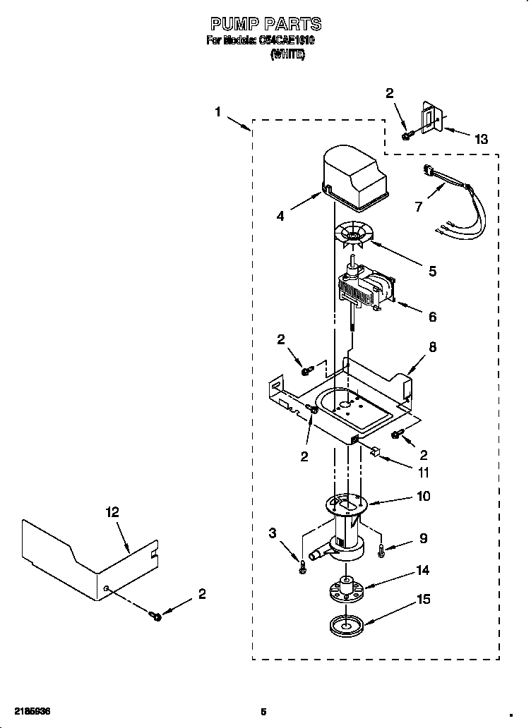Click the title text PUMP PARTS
pos(265,25)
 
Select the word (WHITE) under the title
pos(288,54)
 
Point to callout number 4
pos(280,217)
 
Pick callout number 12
pos(113,513)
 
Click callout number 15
pos(423,600)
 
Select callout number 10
pos(423,496)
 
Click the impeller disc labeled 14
pos(347,589)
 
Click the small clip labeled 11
pos(376,451)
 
